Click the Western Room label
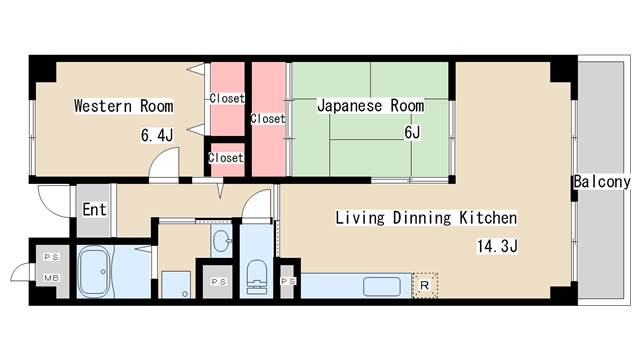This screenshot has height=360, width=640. tap(123, 106)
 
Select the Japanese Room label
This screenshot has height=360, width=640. tap(370, 106)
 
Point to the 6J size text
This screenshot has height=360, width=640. tap(412, 132)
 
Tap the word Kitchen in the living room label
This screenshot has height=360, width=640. tap(484, 217)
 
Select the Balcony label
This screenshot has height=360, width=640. tap(602, 182)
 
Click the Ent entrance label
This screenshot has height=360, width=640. tap(94, 210)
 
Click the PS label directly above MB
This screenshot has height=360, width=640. tap(49, 258)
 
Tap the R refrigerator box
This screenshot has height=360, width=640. tap(425, 285)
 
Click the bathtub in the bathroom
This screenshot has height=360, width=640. tap(99, 270)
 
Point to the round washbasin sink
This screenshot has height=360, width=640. tap(220, 241)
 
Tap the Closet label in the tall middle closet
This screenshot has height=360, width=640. tap(267, 118)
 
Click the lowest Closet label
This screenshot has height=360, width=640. tap(225, 158)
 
